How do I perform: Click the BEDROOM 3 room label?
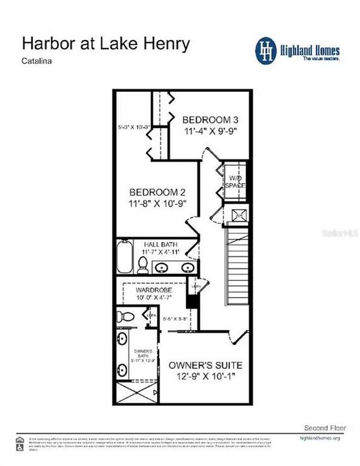[210, 120]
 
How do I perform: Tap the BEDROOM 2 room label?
[158, 192]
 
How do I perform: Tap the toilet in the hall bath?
[143, 265]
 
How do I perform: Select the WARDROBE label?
[153, 291]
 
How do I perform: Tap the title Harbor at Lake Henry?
[106, 43]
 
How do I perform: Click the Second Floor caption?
[326, 428]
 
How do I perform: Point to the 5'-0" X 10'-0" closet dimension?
[135, 126]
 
